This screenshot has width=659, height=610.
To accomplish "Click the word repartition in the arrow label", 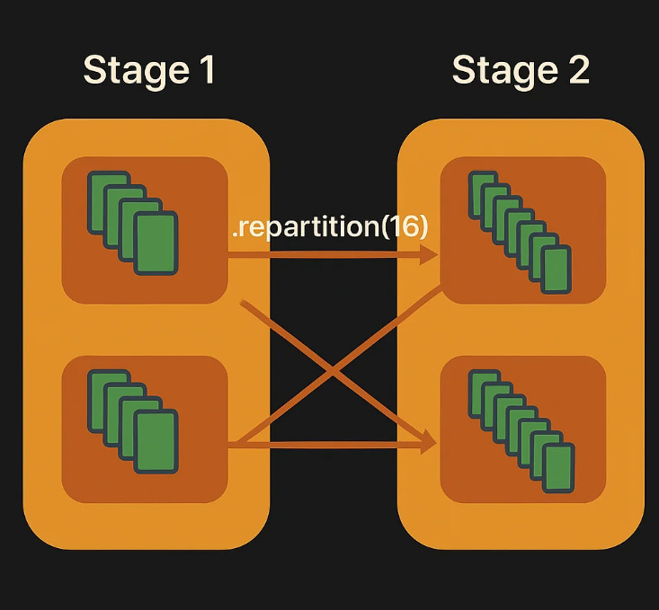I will [x=306, y=226].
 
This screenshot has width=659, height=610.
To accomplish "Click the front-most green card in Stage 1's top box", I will [x=156, y=243].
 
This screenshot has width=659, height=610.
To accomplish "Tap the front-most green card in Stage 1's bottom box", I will [x=156, y=441].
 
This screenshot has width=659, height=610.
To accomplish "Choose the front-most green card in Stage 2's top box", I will [x=557, y=270].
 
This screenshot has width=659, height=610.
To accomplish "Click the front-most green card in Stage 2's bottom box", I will [x=558, y=466].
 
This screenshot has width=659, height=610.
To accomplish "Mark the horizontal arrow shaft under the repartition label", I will [x=324, y=255].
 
